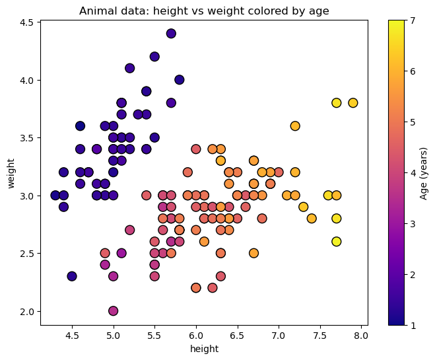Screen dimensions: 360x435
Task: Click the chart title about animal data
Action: pyautogui.click(x=204, y=11)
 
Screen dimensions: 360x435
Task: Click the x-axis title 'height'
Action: pyautogui.click(x=204, y=349)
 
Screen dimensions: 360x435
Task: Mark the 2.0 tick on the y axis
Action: pyautogui.click(x=28, y=311)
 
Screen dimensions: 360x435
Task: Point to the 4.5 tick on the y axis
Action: pyautogui.click(x=28, y=22)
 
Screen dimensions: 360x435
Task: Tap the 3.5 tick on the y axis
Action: pyautogui.click(x=28, y=138)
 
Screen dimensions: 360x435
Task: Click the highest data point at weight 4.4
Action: pyautogui.click(x=171, y=34)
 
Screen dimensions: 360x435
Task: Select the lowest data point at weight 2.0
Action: pyautogui.click(x=114, y=310)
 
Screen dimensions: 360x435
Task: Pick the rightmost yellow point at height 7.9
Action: pyautogui.click(x=352, y=103)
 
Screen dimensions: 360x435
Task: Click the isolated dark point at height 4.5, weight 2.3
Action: pyautogui.click(x=72, y=276)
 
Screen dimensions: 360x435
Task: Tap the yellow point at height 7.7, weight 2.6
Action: pyautogui.click(x=336, y=242)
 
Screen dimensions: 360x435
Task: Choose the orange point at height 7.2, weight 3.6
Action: pyautogui.click(x=295, y=126)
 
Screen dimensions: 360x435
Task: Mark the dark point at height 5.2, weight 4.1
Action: pyautogui.click(x=130, y=68)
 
